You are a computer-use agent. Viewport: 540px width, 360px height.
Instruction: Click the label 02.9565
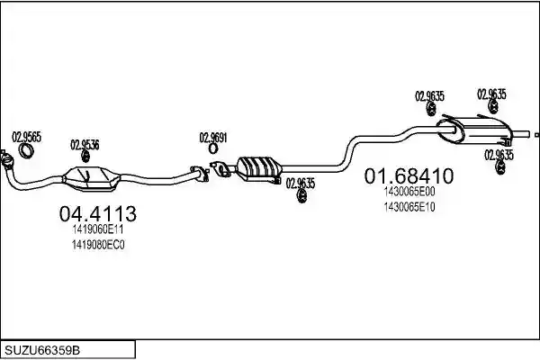pos(26,137)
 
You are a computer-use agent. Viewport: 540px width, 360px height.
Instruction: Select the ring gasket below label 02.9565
pos(26,151)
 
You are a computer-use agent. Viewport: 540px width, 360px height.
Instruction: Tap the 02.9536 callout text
pos(85,145)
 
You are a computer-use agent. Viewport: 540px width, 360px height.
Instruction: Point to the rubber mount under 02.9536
pos(85,157)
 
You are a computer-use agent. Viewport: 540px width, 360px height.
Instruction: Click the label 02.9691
pos(213,138)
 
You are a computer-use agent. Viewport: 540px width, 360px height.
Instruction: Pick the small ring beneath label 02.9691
pos(213,148)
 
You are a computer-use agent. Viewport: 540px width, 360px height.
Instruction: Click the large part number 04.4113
pos(98,213)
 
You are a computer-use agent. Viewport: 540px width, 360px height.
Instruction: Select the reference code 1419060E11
pos(98,229)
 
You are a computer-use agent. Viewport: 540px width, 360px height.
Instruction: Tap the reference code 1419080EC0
pos(98,245)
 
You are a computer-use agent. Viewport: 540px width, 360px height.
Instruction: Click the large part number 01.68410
pos(409,176)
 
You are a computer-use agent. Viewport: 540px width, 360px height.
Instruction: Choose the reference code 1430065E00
pos(409,192)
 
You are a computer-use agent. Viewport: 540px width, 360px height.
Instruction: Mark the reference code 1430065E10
pos(409,207)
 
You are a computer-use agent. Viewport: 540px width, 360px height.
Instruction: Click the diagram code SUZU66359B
pos(42,350)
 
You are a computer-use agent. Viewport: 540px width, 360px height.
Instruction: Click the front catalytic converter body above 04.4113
pos(92,178)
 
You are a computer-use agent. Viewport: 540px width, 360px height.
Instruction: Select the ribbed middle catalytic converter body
pos(259,167)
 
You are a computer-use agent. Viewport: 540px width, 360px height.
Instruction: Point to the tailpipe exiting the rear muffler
pos(520,134)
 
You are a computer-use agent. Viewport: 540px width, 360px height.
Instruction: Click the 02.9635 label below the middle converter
pos(301,184)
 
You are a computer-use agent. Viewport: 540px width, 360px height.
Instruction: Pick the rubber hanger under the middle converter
pos(302,197)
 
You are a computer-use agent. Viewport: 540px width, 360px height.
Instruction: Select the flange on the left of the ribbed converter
pos(221,169)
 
